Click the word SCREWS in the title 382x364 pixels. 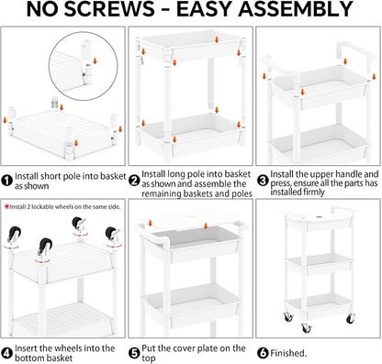[x=109, y=9]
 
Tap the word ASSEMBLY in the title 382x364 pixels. [x=296, y=9]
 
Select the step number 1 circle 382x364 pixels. [x=6, y=181]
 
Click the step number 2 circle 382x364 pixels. [x=134, y=181]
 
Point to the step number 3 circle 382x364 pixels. [x=263, y=181]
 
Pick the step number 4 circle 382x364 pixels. [x=6, y=352]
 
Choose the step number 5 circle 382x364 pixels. [x=134, y=354]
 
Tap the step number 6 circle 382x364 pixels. [x=263, y=353]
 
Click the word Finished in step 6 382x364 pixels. [x=288, y=353]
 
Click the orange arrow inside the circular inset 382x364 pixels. [x=95, y=61]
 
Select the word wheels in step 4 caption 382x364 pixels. [x=69, y=348]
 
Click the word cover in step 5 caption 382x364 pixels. [x=185, y=348]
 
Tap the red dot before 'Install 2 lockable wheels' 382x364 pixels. [x=6, y=207]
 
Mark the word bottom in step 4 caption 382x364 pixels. [x=28, y=358]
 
